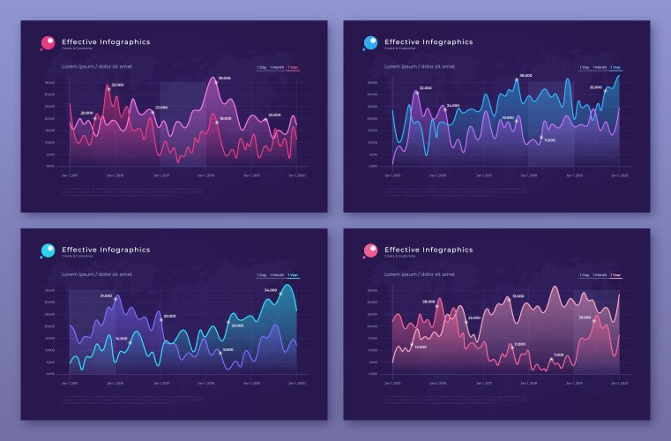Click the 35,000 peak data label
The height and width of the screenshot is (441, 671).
tap(225, 78)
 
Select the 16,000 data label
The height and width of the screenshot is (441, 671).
tap(226, 118)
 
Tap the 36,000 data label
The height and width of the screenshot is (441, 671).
tap(526, 76)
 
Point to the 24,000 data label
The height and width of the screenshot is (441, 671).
tap(452, 105)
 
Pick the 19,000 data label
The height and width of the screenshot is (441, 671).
tap(508, 117)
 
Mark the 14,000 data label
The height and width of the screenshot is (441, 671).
tap(122, 338)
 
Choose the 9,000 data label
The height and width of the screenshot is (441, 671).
tap(228, 350)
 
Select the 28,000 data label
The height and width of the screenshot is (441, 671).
tap(429, 302)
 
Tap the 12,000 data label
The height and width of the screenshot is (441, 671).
tap(421, 347)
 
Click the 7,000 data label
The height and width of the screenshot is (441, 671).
tap(558, 355)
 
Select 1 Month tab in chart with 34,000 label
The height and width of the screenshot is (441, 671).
tap(277, 275)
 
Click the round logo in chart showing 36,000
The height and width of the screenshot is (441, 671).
tap(371, 42)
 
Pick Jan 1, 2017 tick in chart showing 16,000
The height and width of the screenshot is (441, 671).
tap(161, 175)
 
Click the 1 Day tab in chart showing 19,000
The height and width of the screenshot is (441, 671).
tap(584, 67)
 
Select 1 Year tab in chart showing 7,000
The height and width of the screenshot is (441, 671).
tap(615, 275)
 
